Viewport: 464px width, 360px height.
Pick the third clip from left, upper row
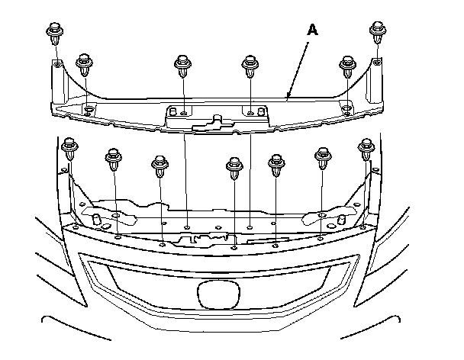[x=182, y=65]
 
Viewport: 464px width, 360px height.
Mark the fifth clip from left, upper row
[x=349, y=65]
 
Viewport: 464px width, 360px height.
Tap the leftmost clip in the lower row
[x=70, y=146]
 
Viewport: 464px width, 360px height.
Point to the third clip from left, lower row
[x=160, y=165]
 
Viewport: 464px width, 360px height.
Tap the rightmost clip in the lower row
[x=366, y=146]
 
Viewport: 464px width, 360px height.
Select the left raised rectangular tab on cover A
[x=177, y=113]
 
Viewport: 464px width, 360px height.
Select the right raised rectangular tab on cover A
[x=257, y=113]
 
